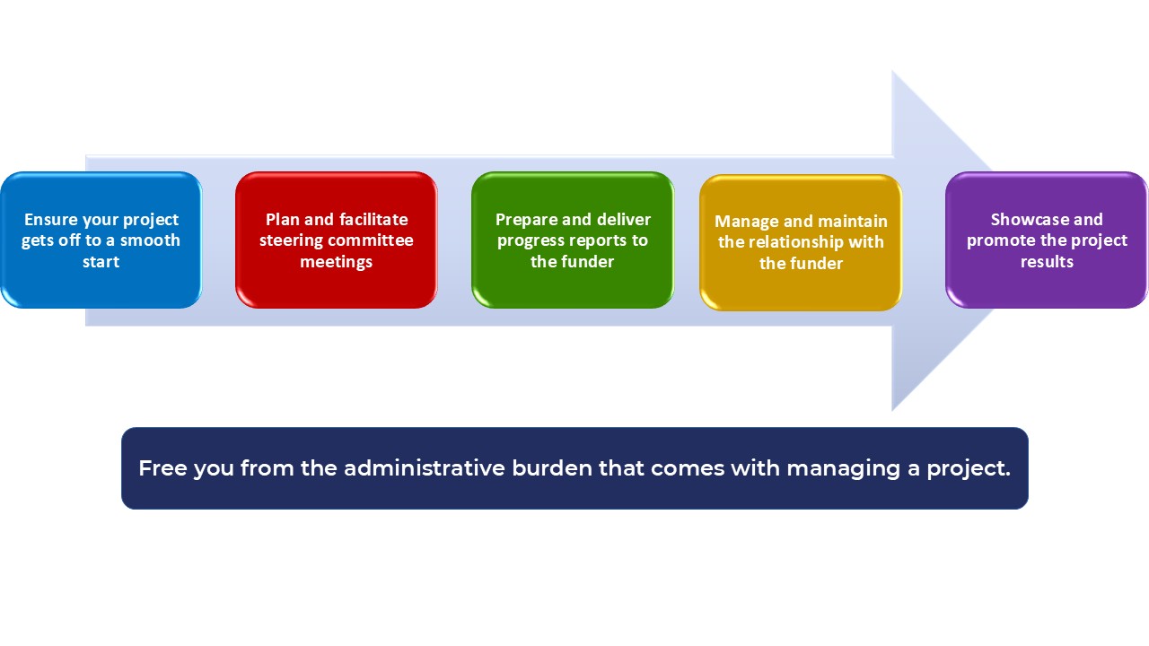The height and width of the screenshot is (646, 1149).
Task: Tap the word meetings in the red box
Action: click(x=336, y=262)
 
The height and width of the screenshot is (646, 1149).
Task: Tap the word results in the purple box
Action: click(x=1047, y=262)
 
